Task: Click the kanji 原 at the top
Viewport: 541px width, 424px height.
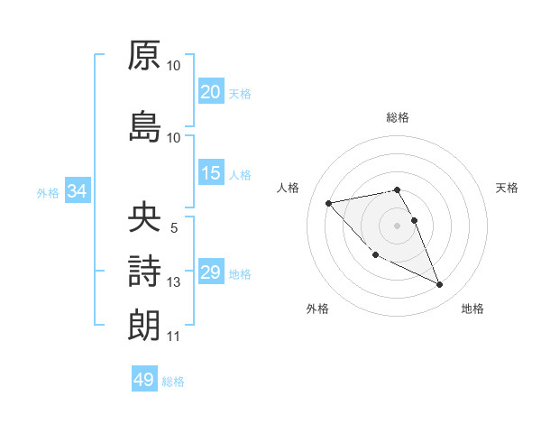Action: (144, 55)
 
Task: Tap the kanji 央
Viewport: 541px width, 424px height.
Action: (144, 217)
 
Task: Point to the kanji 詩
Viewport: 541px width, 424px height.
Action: (144, 270)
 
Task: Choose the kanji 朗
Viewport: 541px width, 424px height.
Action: (144, 323)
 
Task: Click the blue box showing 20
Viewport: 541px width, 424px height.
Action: (210, 92)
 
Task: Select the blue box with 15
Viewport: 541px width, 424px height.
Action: (210, 173)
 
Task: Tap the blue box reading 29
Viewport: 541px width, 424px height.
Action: (210, 272)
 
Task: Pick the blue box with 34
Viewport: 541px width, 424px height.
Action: (77, 190)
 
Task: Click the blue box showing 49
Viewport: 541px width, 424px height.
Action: (144, 380)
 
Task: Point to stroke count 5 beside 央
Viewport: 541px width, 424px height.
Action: (174, 229)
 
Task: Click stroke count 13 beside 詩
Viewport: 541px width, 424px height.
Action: (174, 282)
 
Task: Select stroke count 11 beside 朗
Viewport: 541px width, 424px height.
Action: (174, 336)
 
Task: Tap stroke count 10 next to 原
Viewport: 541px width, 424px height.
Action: (174, 66)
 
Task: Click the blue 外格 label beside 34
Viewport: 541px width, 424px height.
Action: (48, 192)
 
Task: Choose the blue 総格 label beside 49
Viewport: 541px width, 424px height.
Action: (173, 382)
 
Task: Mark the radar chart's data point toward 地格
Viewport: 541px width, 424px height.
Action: (440, 285)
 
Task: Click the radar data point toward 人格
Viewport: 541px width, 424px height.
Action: (328, 202)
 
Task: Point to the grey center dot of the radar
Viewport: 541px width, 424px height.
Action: (397, 225)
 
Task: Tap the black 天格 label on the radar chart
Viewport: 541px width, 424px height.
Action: (507, 188)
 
